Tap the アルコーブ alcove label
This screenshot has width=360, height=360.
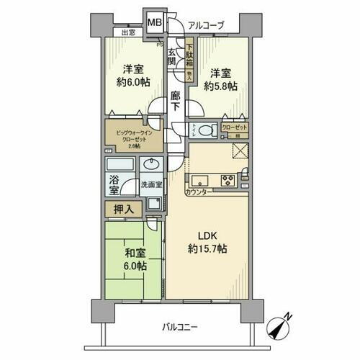click(x=205, y=26)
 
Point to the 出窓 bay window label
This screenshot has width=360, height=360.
click(x=128, y=33)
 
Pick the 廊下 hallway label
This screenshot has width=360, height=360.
click(x=176, y=100)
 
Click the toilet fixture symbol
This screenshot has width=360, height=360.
click(x=204, y=130)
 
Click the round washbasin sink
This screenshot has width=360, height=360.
click(x=152, y=163)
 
